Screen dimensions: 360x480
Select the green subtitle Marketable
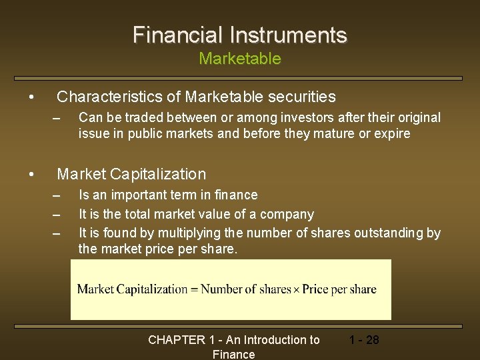point(240,59)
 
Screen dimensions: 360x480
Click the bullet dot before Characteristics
point(32,97)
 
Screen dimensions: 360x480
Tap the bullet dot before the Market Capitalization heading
point(32,175)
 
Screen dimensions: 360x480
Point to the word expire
point(392,133)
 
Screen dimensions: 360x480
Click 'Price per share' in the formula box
point(339,289)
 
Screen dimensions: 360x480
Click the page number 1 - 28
point(363,340)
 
